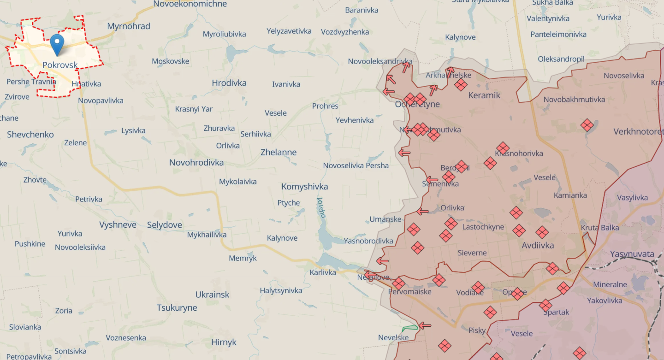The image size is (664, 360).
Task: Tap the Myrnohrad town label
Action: pos(129,26)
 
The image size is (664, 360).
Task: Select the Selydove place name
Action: pos(165,225)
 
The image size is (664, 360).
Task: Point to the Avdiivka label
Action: pos(538,245)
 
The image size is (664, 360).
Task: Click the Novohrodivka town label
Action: pos(196,162)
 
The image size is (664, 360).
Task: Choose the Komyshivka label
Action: pos(305,187)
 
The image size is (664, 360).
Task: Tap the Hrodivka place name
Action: pos(229,83)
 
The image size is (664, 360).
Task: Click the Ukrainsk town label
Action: pos(212,295)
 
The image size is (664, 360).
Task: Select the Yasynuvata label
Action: pos(632,254)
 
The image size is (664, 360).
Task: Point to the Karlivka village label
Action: pos(323,272)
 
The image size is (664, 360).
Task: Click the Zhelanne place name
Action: pos(279,152)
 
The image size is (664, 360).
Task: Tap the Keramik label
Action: pos(484,95)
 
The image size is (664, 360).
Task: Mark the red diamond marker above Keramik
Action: pos(461,84)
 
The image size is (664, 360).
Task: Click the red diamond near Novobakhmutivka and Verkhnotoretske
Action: pos(587,125)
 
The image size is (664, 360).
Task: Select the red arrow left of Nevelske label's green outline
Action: pos(425,325)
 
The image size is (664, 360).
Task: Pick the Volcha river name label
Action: pos(321,207)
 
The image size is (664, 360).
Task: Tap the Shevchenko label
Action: pos(30,135)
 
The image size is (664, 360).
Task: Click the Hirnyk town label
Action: pos(224,342)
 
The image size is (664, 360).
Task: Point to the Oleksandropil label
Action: pos(561,59)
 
